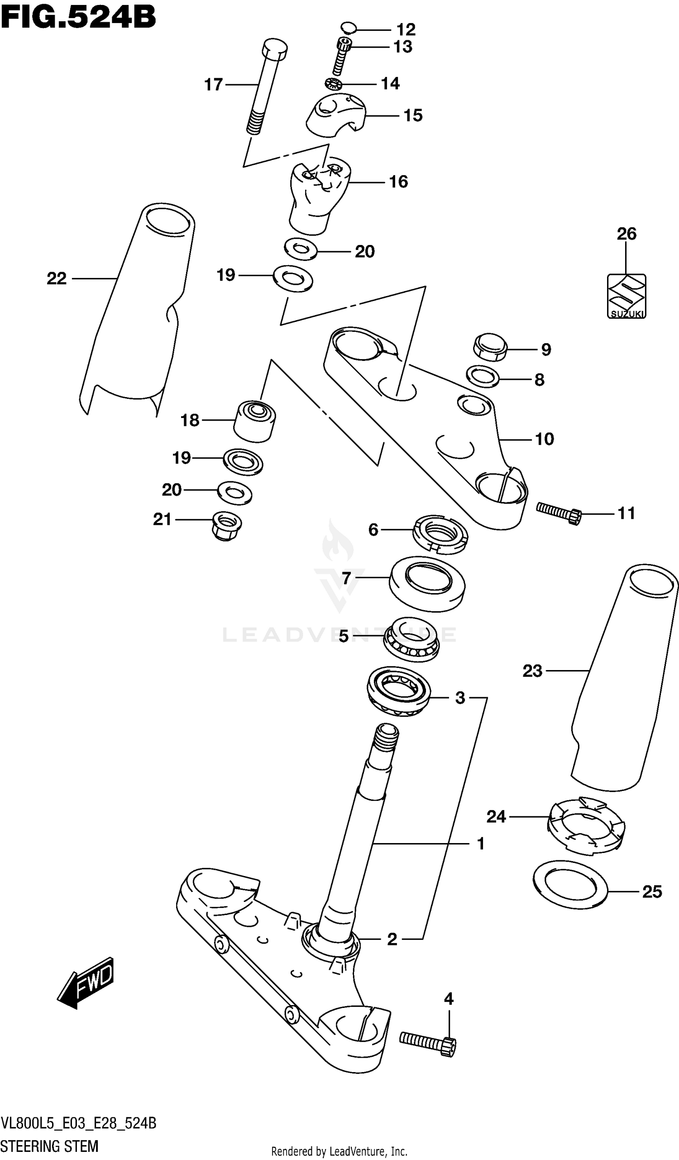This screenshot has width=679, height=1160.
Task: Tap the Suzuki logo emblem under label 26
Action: coord(626,296)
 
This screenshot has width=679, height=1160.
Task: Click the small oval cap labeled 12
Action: coord(349,28)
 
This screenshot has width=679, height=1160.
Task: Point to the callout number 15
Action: coord(413,115)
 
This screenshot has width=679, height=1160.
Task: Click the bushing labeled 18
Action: coord(254,421)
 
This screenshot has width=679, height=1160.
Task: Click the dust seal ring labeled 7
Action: coord(427,584)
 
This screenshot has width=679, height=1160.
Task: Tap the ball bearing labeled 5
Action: coord(411,639)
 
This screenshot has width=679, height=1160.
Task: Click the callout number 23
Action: coord(532,671)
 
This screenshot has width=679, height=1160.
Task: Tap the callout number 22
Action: coord(57,278)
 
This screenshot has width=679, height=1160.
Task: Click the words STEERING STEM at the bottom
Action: coord(49,1146)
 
